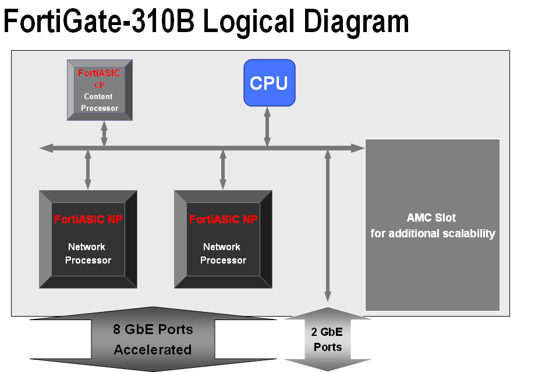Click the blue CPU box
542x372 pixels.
pos(269,83)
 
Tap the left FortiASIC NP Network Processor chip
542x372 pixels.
pos(88,239)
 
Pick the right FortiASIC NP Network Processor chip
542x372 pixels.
pos(223,239)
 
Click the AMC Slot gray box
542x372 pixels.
pos(433,225)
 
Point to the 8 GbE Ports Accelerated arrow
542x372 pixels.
pos(153,339)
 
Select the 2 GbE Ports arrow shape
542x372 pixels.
pos(328,339)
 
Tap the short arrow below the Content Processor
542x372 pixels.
pos(104,134)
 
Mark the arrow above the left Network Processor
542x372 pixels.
pos(88,169)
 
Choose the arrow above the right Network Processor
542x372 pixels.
pos(223,169)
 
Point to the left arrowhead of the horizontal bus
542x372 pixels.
pos(45,148)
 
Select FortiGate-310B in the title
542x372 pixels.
pos(99,22)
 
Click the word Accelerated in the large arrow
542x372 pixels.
pos(153,350)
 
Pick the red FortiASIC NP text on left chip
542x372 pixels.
pos(88,220)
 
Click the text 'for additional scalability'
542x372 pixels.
pos(433,234)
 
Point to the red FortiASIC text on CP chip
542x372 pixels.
pos(99,74)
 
